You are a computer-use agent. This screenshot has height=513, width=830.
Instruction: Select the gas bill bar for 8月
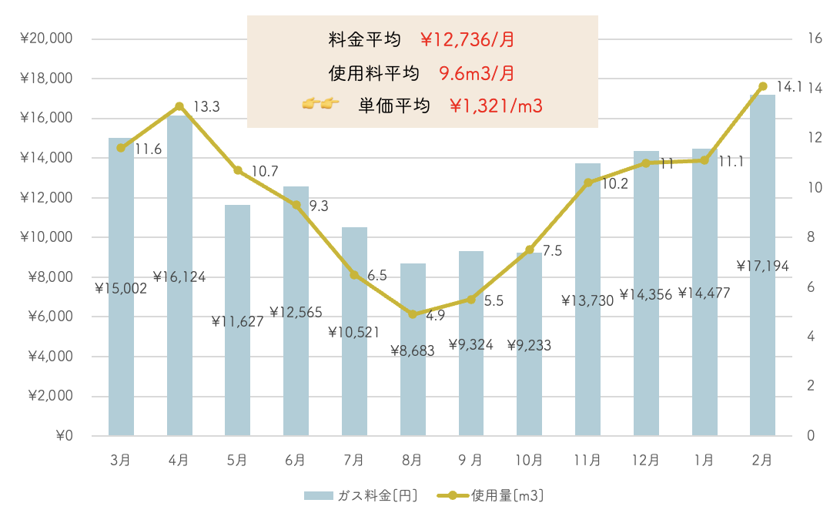click(x=412, y=385)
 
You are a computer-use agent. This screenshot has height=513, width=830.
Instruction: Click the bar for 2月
click(x=762, y=347)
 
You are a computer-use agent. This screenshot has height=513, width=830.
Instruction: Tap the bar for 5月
click(x=237, y=370)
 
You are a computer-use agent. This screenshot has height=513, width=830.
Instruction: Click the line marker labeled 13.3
click(x=179, y=106)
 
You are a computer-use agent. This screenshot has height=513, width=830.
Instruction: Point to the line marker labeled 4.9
click(x=412, y=314)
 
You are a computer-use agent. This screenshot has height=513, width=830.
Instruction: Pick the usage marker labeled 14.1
click(x=762, y=86)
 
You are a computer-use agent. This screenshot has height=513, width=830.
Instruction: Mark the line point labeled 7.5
click(x=529, y=250)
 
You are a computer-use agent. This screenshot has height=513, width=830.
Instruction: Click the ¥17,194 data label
click(x=763, y=267)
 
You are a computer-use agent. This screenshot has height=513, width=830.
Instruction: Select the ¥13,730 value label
click(x=587, y=300)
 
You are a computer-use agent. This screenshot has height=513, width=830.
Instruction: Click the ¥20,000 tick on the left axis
click(x=47, y=39)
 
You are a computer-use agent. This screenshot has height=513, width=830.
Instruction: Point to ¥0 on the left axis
click(x=63, y=436)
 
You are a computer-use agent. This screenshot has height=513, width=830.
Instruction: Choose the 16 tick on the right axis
click(x=814, y=39)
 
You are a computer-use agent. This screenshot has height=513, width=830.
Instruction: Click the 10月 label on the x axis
click(x=528, y=461)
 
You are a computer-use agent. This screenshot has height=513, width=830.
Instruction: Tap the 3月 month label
click(x=120, y=461)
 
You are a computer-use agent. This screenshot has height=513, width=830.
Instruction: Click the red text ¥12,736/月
click(x=467, y=39)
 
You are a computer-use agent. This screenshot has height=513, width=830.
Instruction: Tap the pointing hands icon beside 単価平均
click(x=321, y=104)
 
